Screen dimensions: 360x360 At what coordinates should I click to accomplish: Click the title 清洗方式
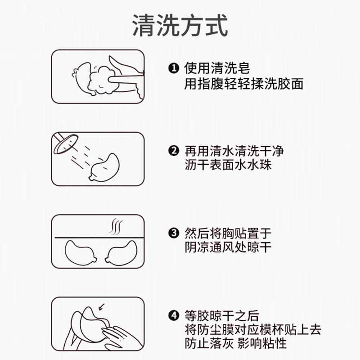180,25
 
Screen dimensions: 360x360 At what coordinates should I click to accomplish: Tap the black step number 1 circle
174,68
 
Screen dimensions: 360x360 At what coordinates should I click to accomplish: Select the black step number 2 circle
174,151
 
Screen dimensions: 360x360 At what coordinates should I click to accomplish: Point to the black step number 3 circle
174,233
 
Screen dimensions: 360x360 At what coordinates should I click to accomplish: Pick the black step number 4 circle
174,316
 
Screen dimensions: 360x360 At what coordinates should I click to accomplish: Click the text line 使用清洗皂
217,68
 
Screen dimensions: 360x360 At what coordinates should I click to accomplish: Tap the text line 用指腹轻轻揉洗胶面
244,84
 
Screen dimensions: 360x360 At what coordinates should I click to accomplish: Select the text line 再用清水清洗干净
234,151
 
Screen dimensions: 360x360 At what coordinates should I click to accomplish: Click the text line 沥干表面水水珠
228,165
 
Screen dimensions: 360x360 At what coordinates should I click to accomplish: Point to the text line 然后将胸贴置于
228,233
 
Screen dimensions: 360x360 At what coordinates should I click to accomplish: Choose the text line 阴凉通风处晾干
228,247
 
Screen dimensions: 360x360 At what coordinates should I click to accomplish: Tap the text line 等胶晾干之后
222,316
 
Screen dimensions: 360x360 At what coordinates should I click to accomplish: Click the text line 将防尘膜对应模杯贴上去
253,330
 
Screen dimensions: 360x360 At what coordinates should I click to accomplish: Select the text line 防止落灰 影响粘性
236,343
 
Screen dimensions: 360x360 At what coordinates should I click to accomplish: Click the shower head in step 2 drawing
65,144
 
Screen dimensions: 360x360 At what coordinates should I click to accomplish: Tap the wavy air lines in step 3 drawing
116,227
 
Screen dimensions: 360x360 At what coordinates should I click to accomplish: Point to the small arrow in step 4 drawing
101,307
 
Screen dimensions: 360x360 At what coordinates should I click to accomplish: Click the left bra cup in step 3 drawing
81,252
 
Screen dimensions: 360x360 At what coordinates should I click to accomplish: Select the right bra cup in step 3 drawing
121,252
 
